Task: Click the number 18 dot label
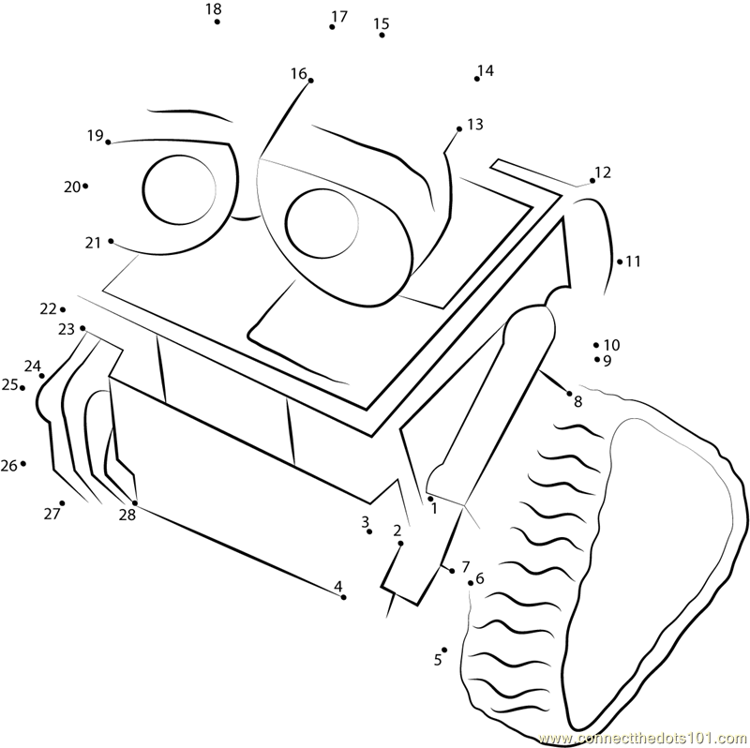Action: pos(213,9)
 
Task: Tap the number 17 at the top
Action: pos(339,16)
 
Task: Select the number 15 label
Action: pos(381,23)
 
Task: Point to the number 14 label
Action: pos(486,70)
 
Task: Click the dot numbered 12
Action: pos(591,181)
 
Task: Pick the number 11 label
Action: pos(634,262)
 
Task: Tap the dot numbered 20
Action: pos(85,186)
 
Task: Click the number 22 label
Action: pos(48,308)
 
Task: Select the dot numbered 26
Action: pos(22,463)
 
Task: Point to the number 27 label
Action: pos(52,514)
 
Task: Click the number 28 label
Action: pos(127,515)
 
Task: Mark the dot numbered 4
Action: pos(344,597)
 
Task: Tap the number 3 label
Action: pos(365,521)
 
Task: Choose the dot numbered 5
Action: pos(444,649)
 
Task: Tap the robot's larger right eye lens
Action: pos(322,225)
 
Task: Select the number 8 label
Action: pos(577,402)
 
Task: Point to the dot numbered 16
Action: pos(310,81)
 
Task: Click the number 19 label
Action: pos(95,136)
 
